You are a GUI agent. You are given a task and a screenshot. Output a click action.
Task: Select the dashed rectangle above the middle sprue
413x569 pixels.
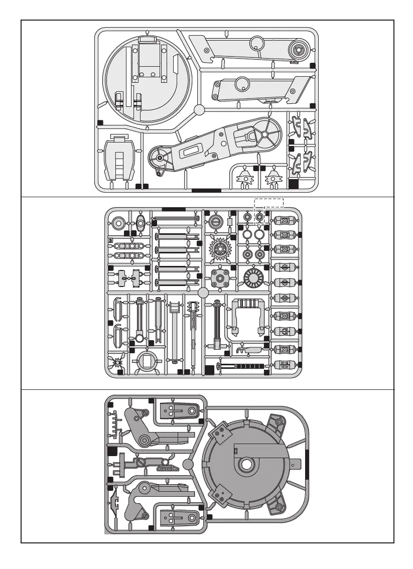(269, 202)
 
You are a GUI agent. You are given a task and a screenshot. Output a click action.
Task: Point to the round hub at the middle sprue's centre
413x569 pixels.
(203, 293)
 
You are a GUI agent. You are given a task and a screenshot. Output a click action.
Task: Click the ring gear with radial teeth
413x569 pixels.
(253, 277)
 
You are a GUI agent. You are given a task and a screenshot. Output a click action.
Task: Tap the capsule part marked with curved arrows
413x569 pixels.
(284, 331)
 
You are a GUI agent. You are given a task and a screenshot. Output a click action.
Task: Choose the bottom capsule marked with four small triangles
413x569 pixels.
(284, 365)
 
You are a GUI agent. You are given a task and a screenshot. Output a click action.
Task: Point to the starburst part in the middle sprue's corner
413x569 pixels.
(119, 363)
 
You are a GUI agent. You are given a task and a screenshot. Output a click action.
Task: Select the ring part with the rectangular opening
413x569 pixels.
(146, 361)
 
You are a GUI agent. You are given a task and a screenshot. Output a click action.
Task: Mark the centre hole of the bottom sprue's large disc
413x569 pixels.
(246, 465)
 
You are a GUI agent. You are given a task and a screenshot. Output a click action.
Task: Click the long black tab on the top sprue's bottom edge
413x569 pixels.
(206, 190)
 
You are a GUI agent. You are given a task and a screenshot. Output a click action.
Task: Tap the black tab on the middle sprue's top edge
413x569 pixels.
(174, 209)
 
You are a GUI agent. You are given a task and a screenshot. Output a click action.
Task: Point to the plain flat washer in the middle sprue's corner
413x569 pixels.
(119, 223)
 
